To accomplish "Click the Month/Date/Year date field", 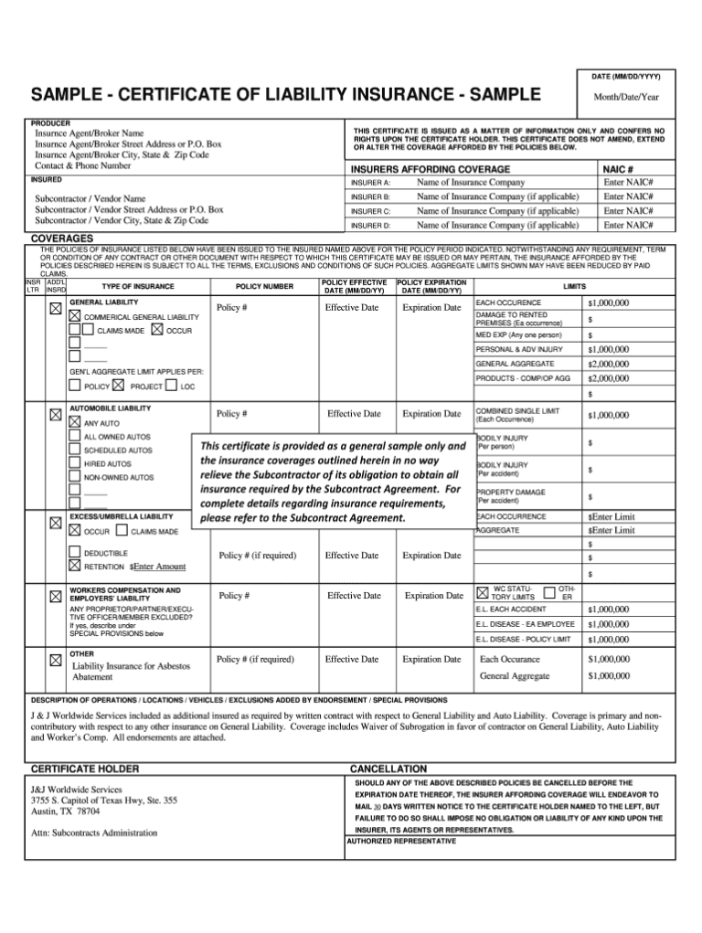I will [x=624, y=97].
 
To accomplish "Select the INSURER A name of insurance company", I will [x=471, y=182].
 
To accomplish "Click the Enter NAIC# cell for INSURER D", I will [x=628, y=224].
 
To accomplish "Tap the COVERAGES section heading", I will [x=62, y=239].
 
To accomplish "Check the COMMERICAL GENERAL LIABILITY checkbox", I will [x=75, y=315].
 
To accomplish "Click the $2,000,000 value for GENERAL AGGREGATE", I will [x=609, y=364].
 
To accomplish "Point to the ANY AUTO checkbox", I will [x=75, y=423].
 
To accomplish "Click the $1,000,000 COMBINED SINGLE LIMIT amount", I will [x=609, y=415].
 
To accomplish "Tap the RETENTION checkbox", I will [x=75, y=566].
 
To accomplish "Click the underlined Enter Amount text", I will [x=160, y=567].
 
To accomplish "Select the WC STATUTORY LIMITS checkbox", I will [x=484, y=593].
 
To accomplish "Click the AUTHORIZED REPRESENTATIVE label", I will [x=400, y=841].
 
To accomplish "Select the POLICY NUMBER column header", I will [x=264, y=287].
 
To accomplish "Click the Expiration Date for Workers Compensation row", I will [x=433, y=596].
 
